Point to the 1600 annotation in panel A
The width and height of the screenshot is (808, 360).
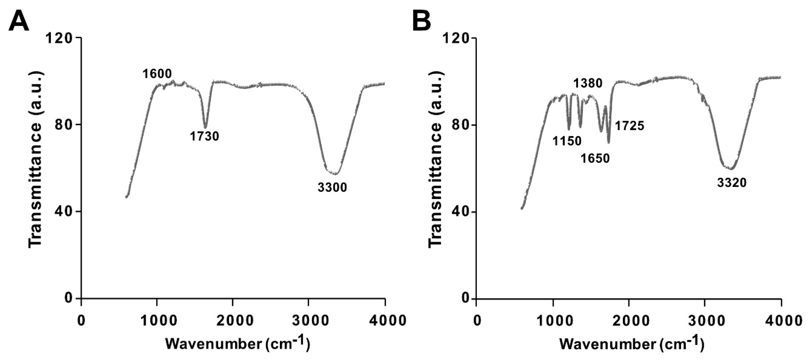point(157,74)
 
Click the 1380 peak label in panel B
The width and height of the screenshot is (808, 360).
point(588,83)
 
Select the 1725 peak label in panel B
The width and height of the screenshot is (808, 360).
point(629,126)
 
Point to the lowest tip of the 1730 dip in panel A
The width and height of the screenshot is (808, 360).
point(206,128)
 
